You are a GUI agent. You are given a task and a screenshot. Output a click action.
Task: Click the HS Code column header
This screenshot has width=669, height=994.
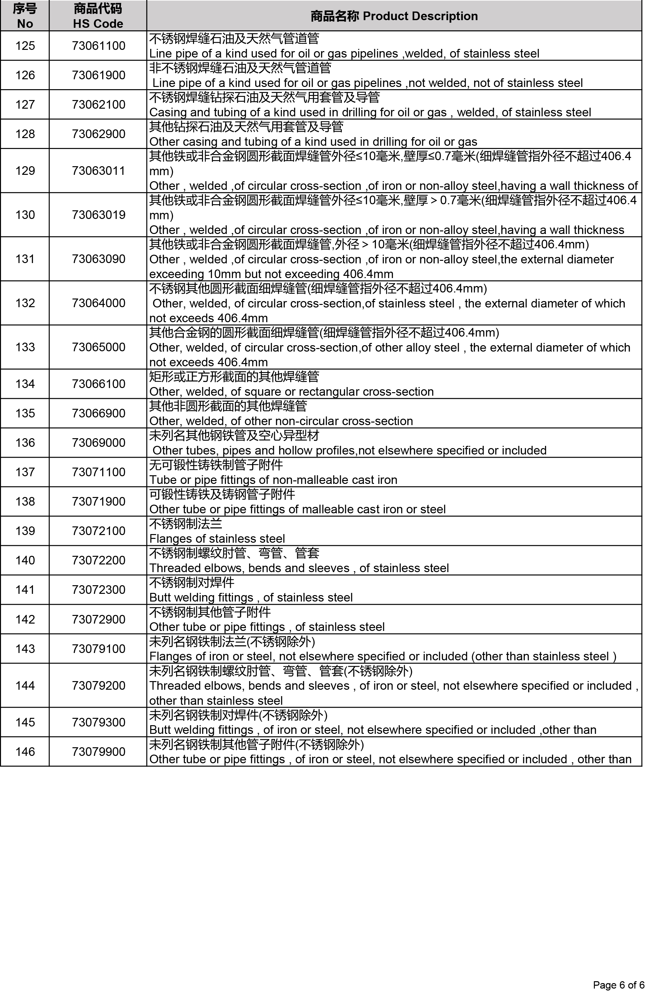(x=98, y=16)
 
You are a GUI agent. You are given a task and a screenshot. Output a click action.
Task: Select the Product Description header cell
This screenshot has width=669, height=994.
(x=394, y=16)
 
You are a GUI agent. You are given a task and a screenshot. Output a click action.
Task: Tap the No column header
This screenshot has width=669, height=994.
(x=25, y=16)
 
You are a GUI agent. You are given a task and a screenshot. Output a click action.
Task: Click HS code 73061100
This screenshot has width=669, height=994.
(x=98, y=46)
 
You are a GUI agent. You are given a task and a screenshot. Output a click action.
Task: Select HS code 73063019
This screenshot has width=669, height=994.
(x=98, y=214)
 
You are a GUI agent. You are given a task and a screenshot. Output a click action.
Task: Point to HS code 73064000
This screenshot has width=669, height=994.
(x=98, y=303)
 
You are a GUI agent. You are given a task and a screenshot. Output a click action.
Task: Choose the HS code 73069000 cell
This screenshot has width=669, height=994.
(x=98, y=442)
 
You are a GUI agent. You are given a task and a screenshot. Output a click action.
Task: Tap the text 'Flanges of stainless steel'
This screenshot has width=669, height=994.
(x=217, y=538)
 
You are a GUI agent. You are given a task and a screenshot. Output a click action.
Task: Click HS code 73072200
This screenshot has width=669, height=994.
(x=98, y=560)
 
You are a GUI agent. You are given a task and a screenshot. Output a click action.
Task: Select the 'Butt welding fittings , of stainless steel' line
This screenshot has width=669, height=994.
(x=251, y=597)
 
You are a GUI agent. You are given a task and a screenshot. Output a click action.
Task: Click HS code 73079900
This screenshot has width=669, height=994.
(x=98, y=751)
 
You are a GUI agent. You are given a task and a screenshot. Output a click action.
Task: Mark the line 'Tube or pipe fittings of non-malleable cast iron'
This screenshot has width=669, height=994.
(x=273, y=479)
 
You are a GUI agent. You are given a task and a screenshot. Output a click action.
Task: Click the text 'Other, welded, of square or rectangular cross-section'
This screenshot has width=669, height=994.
(x=292, y=392)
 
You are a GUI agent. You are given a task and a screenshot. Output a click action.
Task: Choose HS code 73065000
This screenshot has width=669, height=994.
(x=98, y=347)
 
